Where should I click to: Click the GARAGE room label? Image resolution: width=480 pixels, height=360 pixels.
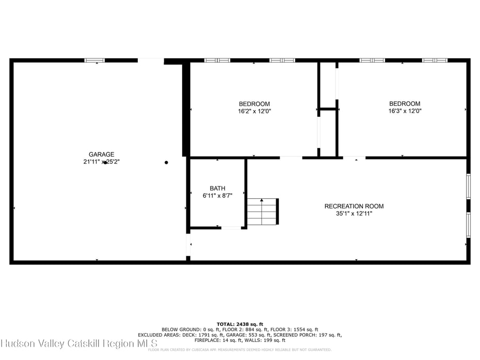click(101, 154)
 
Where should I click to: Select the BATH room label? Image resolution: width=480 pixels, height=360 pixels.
click(217, 189)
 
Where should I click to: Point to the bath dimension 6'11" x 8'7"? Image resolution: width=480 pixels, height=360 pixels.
click(217, 196)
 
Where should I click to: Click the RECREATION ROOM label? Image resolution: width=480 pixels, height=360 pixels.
click(354, 206)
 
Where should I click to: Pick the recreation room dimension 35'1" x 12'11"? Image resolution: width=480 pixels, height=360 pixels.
click(354, 213)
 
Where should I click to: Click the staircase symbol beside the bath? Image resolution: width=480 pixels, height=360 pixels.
click(263, 211)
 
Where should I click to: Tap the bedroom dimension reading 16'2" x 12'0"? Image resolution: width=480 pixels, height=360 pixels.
click(254, 111)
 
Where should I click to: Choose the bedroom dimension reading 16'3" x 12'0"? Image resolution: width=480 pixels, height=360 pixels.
click(404, 111)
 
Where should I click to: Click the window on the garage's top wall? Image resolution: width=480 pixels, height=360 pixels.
click(94, 60)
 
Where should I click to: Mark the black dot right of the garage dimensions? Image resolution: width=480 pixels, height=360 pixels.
click(166, 163)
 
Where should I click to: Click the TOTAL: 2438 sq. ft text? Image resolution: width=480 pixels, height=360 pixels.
click(240, 323)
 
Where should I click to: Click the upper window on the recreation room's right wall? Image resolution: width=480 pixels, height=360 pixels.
click(468, 186)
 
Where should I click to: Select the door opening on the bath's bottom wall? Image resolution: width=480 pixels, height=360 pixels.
click(231, 228)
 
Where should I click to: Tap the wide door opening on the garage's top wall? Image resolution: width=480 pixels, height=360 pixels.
click(151, 61)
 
